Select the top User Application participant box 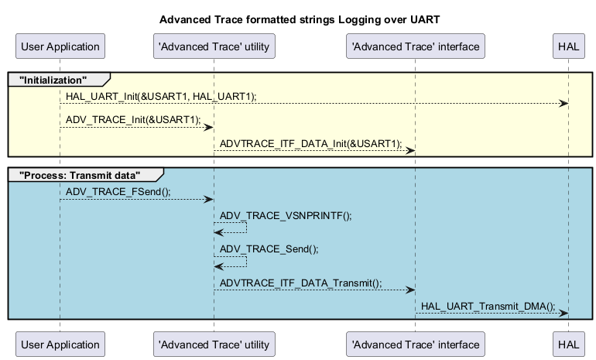pos(60,46)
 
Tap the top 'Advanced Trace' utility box pos(214,46)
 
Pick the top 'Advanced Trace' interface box pos(415,46)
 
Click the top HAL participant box pos(567,46)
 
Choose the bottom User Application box pos(60,344)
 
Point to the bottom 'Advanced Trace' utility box pos(214,344)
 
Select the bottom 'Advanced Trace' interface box pos(415,344)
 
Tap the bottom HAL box pos(567,344)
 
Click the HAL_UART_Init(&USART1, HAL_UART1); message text pos(161,96)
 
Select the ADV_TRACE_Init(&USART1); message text pos(133,119)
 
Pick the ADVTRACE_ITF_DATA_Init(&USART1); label pos(311,143)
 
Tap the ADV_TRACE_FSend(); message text pos(118,191)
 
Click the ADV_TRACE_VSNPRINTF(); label pos(286,215)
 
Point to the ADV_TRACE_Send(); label pos(269,249)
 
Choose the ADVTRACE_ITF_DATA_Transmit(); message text pos(301,283)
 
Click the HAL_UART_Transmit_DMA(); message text pos(488,306)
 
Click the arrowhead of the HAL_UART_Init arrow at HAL pos(564,104)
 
